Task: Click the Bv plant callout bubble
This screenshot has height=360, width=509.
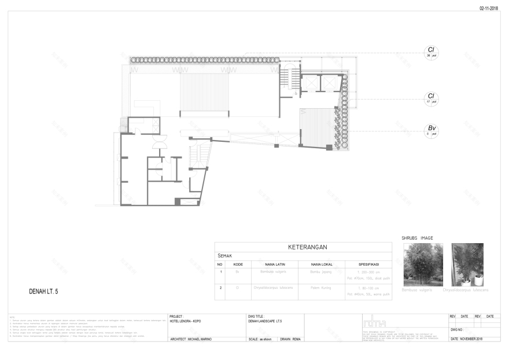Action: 431,130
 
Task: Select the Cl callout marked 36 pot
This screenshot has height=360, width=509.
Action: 431,53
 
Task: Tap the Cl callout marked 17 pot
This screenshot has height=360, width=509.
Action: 431,98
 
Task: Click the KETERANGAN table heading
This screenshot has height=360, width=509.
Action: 303,247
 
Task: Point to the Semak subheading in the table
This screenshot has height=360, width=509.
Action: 225,255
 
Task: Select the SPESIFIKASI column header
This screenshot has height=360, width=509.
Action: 368,264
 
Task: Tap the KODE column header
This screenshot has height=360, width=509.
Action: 238,264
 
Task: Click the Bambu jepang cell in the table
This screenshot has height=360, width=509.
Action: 322,271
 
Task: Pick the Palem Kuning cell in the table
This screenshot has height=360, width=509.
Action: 322,287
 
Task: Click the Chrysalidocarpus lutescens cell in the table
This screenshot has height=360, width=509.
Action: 274,287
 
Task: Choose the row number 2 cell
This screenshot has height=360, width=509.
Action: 220,287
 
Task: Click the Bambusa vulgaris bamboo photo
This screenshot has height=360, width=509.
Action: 423,264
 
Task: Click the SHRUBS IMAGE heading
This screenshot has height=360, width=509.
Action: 417,238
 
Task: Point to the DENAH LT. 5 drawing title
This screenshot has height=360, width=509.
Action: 43,291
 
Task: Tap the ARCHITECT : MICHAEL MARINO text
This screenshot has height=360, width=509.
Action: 191,339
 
